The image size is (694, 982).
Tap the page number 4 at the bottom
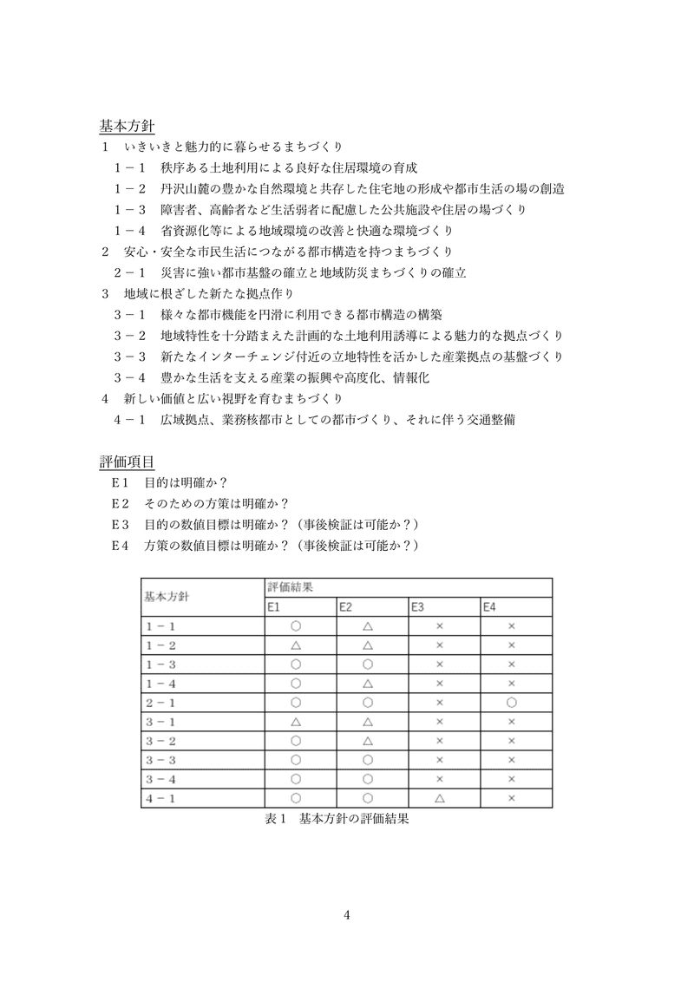point(346,913)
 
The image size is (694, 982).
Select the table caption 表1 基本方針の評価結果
point(337,818)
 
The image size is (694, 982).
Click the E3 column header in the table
point(418,606)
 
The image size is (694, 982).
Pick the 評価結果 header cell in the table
point(290,586)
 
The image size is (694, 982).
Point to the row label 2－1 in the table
point(160,702)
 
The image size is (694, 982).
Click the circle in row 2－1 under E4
point(512,702)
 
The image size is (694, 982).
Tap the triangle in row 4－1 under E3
point(440,797)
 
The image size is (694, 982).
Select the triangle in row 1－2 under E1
point(296,645)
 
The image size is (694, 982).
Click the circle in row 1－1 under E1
point(296,625)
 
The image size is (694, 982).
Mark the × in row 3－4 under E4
point(512,778)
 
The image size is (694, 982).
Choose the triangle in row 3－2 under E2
point(368,740)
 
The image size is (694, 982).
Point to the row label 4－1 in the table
point(160,797)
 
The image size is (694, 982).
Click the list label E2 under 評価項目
point(120,503)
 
